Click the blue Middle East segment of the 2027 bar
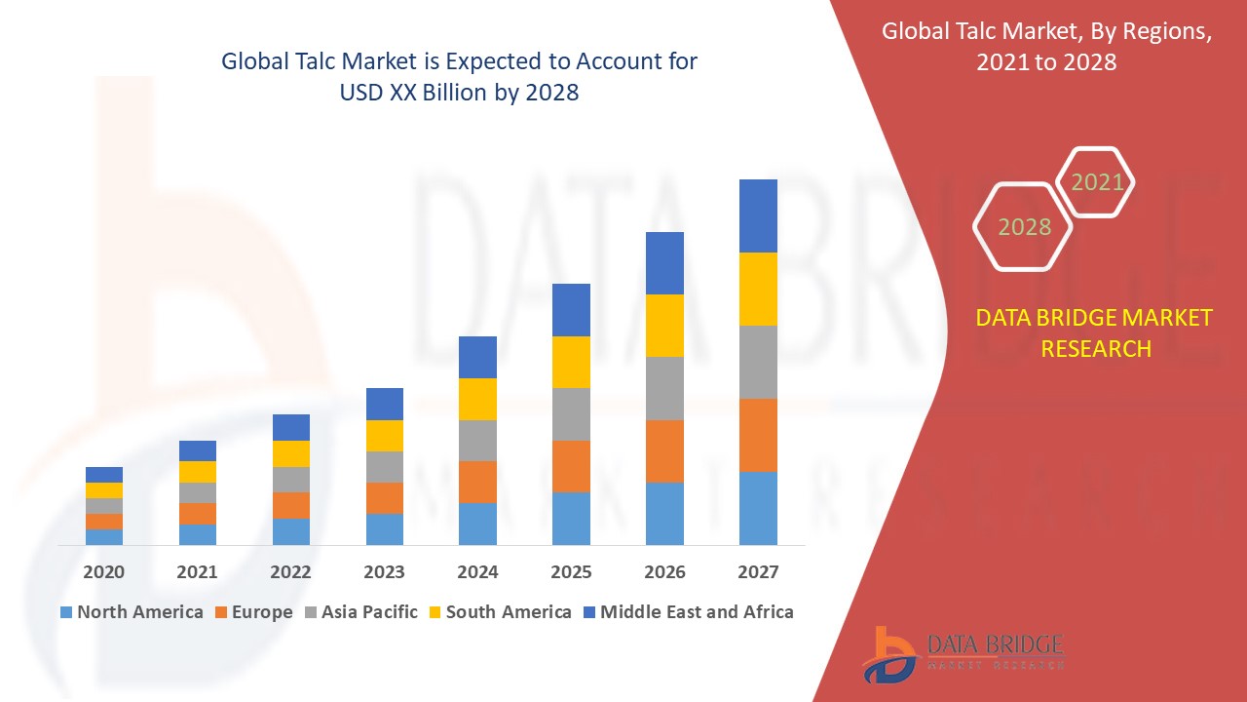pos(758,215)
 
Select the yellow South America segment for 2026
pos(664,326)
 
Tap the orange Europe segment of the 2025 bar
pos(571,466)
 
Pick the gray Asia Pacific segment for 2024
pos(477,441)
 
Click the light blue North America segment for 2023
pos(385,528)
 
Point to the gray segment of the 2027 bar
pos(758,362)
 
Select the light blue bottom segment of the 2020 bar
pos(104,536)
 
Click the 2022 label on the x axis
pos(291,572)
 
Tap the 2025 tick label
pos(571,572)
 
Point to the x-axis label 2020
pos(104,572)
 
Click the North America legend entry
pos(132,612)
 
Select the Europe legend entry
pos(253,612)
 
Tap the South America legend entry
pos(500,612)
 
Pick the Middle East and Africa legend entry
pos(688,612)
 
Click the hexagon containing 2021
pos(1096,182)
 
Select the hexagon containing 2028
pos(1023,226)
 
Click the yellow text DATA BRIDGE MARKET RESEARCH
pos(1095,332)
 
